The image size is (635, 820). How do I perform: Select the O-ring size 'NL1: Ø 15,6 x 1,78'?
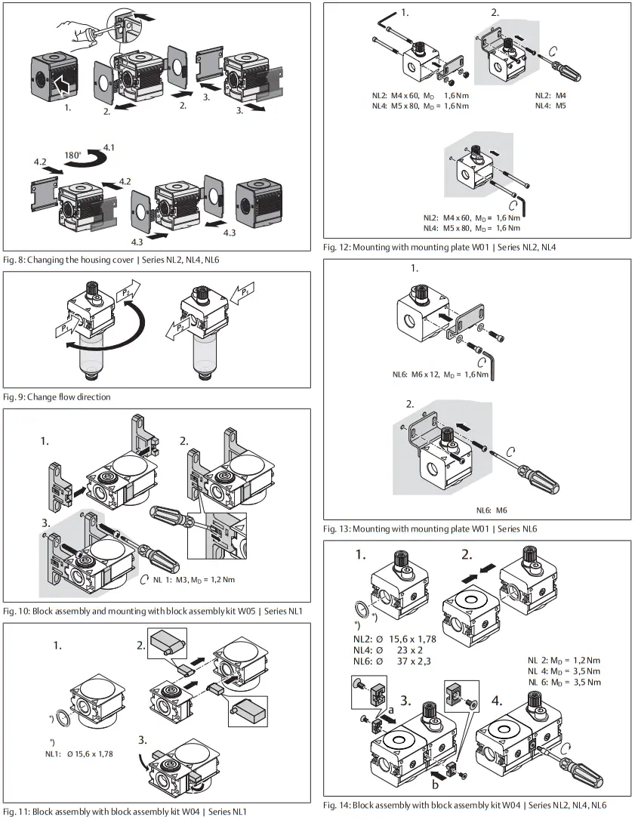click(79, 754)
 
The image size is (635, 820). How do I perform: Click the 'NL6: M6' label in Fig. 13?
click(491, 511)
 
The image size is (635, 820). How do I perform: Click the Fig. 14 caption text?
click(464, 806)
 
